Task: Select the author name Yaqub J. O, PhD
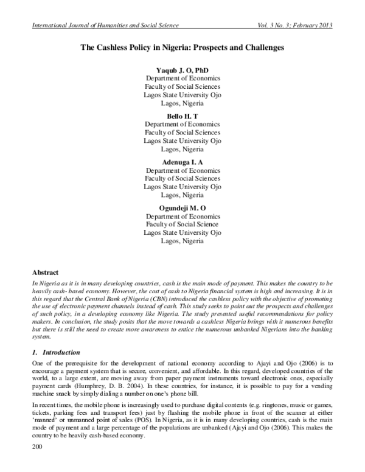coord(182,71)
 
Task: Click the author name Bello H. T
coord(182,115)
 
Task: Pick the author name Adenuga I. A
coord(182,162)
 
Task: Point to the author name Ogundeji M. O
coord(182,207)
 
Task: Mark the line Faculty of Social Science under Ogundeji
coord(182,224)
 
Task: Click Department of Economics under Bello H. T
coord(182,124)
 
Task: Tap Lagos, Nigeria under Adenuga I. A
coord(182,195)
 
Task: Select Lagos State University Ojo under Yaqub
coord(182,95)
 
